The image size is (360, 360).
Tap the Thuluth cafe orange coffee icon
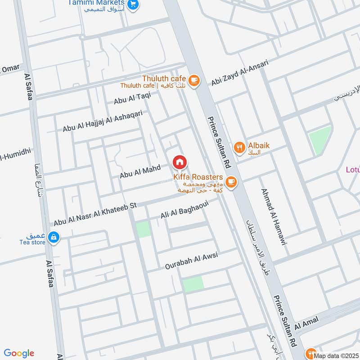pos(194,80)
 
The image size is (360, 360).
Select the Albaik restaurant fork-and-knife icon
pos(239,147)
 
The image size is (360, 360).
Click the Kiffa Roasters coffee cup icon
pos(231,181)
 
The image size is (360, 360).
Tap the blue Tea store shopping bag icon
pos(54,237)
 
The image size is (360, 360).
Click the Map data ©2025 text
pos(336,356)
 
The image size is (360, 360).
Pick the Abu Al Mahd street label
pos(139,171)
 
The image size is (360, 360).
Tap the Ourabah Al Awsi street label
pos(191,260)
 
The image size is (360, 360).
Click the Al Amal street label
pos(306,322)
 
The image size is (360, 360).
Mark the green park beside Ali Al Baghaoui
pos(143,229)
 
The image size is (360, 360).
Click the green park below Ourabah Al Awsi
pos(193,284)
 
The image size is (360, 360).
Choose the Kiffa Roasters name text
pos(198,177)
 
